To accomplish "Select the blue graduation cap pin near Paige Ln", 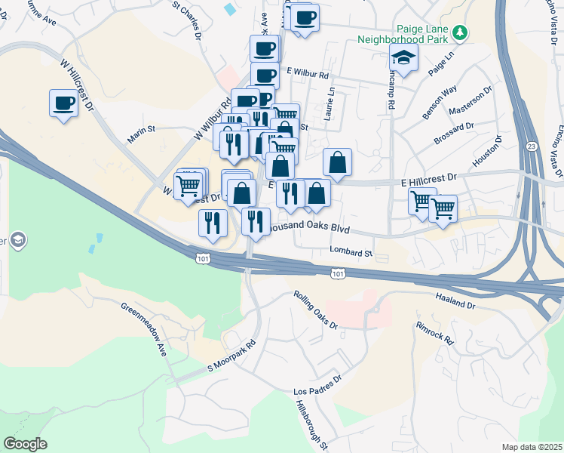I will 403,59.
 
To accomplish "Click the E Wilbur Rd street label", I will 308,75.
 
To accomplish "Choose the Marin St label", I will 141,129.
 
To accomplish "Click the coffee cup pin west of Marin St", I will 63,103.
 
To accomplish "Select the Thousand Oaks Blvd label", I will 310,227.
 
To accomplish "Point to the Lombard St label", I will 351,252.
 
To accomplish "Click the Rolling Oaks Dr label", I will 315,308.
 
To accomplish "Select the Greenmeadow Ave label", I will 144,329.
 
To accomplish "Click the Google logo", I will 25,443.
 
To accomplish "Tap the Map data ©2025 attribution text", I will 531,447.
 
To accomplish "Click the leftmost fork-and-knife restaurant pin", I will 213,223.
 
